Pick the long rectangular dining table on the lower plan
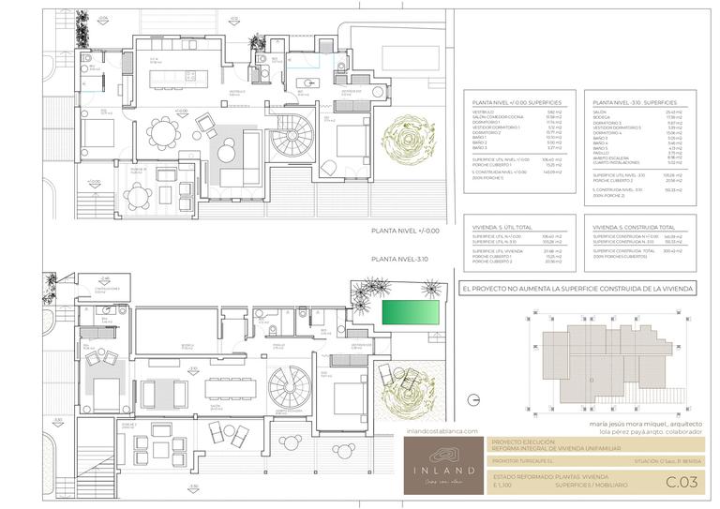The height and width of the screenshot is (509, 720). [229, 381]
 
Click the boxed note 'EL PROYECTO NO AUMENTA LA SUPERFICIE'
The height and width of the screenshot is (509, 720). [577, 290]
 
